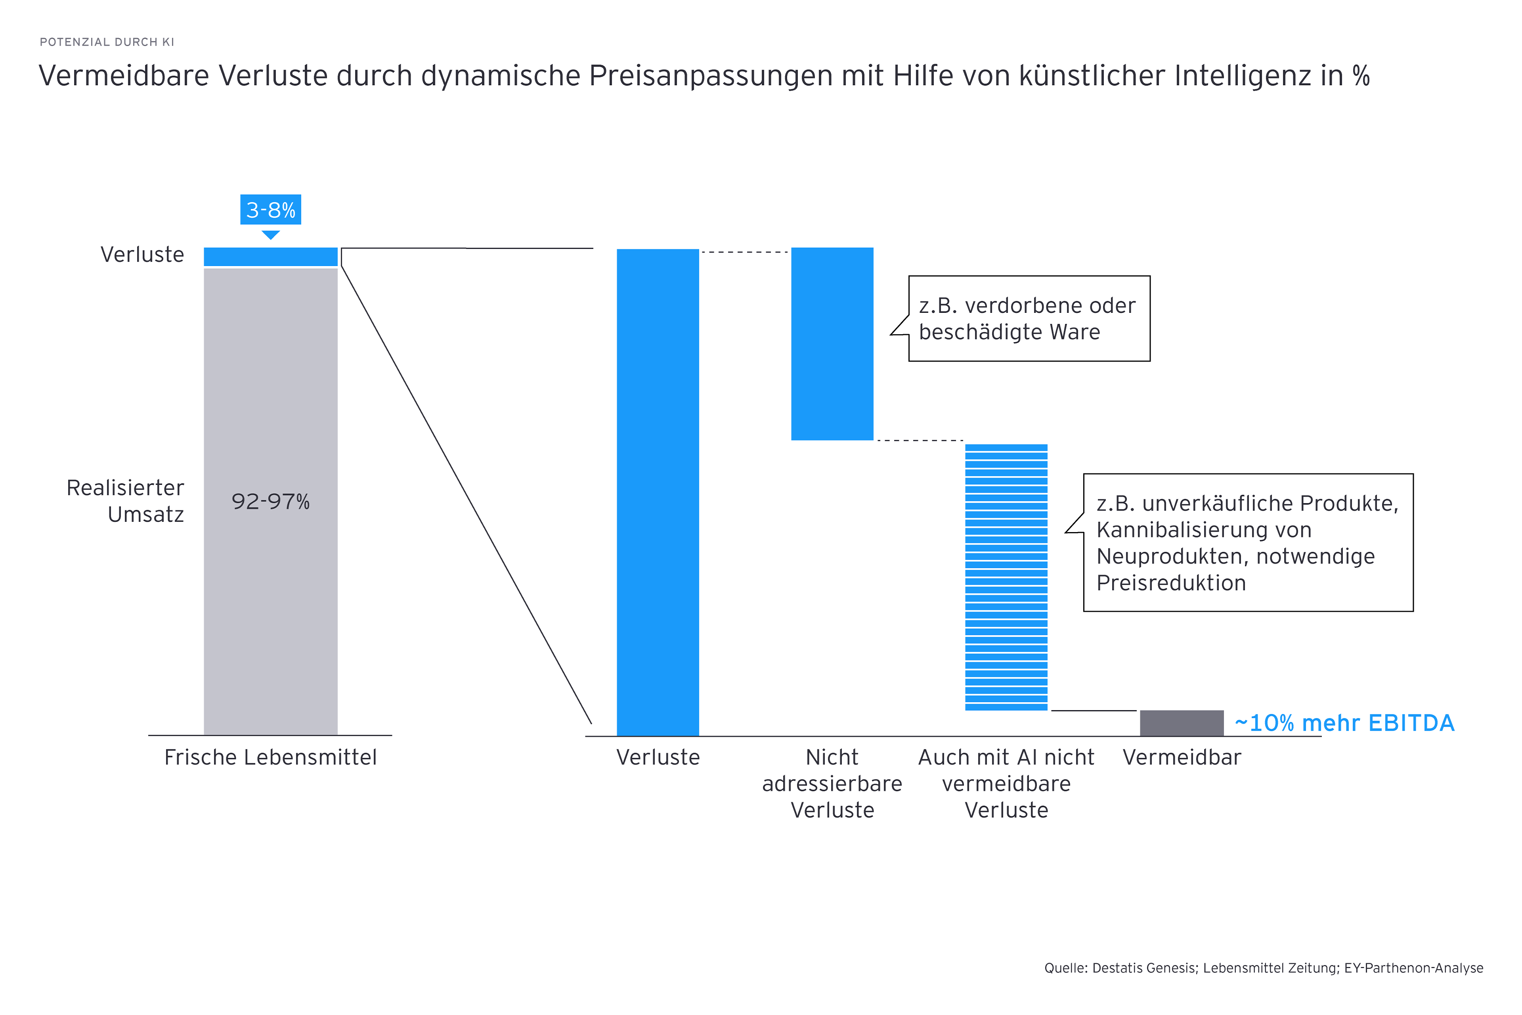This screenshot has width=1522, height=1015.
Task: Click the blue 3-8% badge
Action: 270,210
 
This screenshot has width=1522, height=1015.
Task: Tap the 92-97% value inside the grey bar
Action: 270,502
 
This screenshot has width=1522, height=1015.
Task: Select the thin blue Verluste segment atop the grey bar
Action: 270,257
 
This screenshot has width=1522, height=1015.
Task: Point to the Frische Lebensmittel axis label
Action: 270,757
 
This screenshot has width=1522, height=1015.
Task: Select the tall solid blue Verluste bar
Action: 658,492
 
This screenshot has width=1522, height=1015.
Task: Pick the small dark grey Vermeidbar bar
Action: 1182,723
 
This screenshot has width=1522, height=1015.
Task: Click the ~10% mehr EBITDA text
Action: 1345,723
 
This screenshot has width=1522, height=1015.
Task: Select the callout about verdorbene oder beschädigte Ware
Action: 1029,318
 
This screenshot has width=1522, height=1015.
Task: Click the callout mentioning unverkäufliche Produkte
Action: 1248,542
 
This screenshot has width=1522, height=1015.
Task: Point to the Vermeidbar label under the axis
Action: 1182,757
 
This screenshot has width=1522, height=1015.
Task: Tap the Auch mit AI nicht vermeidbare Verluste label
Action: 1006,784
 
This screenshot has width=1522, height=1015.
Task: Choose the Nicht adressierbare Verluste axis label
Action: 832,784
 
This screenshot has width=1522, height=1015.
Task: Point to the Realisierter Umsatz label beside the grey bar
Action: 126,501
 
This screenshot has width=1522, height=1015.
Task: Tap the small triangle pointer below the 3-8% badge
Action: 270,234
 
